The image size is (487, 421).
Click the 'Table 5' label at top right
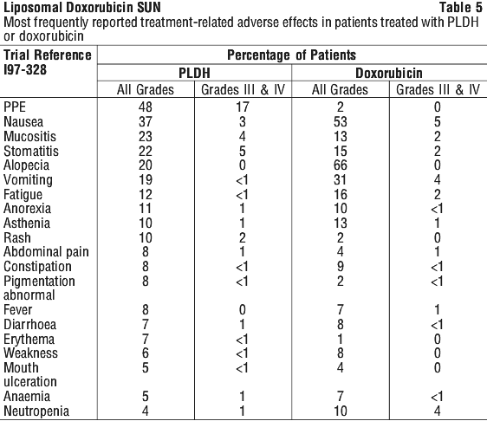tap(461, 8)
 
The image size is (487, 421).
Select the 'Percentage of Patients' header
tap(291, 55)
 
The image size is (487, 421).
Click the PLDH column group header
tap(194, 74)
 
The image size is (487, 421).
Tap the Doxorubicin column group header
tap(389, 74)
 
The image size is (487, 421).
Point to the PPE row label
tap(15, 107)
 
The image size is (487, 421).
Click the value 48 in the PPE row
tap(146, 107)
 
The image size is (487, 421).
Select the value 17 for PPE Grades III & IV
tap(243, 107)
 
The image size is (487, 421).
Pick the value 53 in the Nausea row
tap(340, 121)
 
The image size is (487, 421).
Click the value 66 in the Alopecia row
tap(340, 165)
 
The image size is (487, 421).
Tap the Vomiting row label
tap(28, 180)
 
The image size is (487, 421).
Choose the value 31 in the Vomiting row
tap(340, 180)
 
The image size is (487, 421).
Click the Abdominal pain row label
tap(46, 252)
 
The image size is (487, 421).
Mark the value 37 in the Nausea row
tap(146, 121)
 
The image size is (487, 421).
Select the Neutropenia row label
tap(36, 411)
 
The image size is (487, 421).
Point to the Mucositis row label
tap(29, 137)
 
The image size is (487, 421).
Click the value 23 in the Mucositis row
tap(146, 137)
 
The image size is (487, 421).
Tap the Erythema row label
tap(29, 340)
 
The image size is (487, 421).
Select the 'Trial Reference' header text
tap(48, 55)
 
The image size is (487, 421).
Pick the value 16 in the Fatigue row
tap(340, 195)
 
